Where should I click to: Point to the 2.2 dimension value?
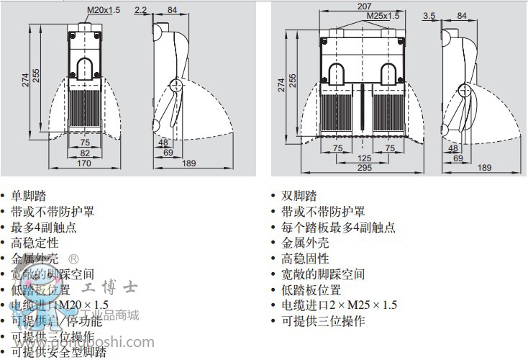140,10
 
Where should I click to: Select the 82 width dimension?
85,153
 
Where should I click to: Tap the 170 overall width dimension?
85,163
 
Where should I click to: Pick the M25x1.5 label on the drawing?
382,14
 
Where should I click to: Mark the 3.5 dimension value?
429,15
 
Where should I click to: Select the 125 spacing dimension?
364,158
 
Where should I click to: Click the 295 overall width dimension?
364,168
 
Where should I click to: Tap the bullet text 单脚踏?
27,196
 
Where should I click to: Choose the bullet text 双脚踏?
299,196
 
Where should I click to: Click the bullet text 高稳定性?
35,243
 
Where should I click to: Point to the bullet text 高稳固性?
306,258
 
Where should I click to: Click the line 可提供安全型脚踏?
58,352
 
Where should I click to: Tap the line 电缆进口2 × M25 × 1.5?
339,305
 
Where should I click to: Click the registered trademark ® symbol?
73,258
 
